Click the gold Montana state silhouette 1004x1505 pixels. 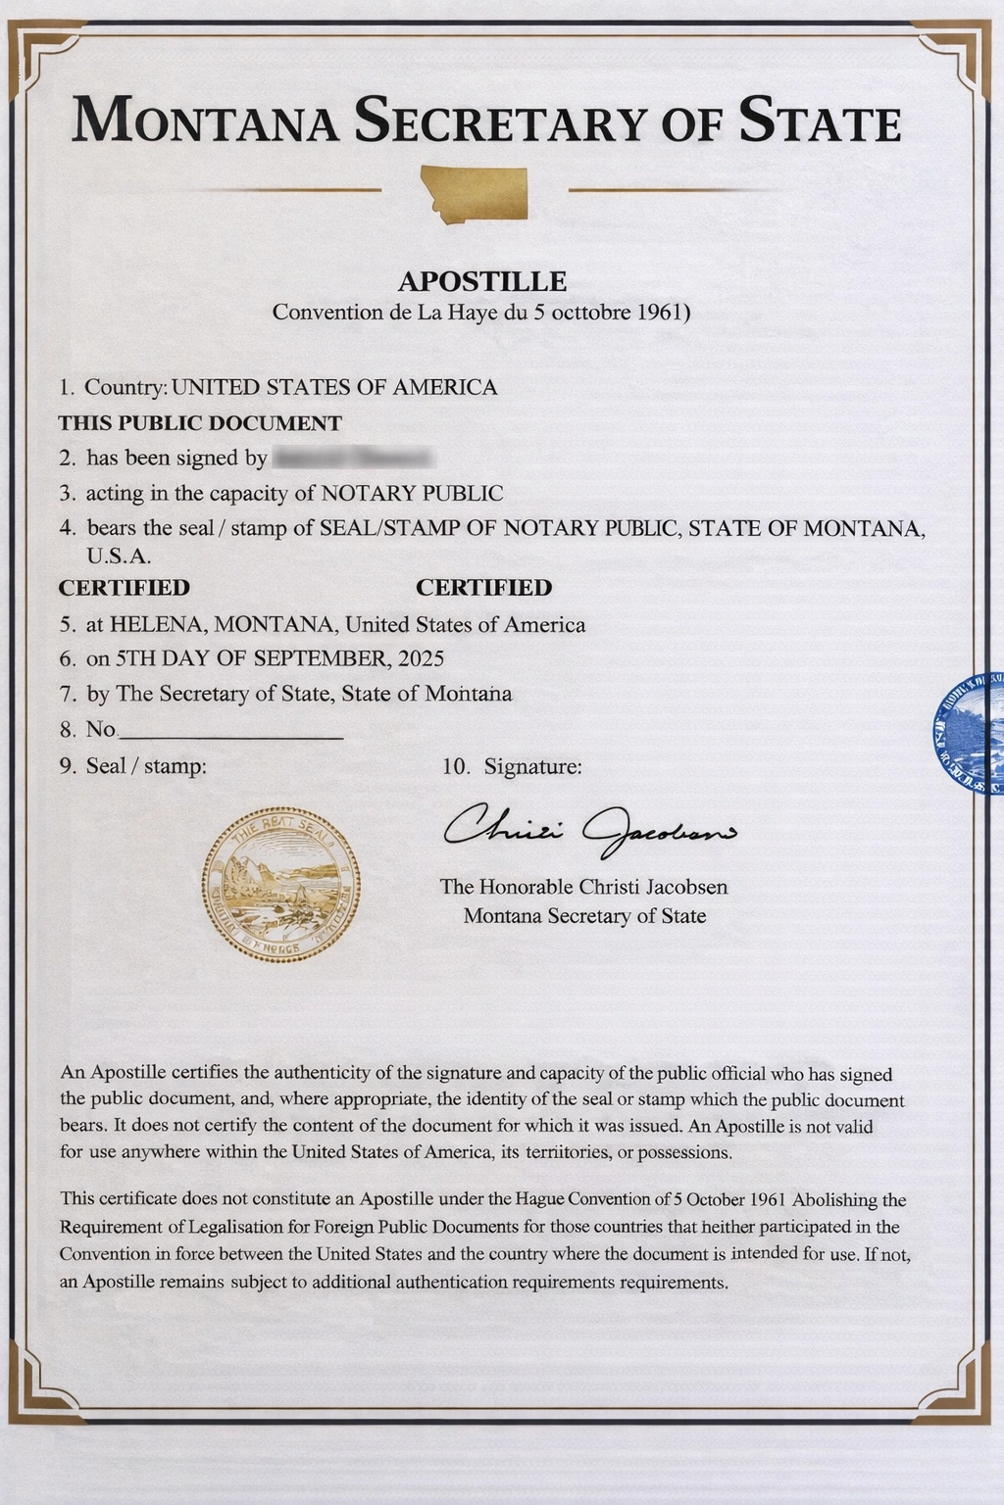point(475,192)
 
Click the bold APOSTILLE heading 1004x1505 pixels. point(482,282)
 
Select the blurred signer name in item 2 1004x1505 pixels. point(352,458)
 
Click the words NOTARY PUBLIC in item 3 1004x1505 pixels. point(412,493)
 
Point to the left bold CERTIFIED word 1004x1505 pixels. point(124,588)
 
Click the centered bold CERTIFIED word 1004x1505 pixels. point(483,588)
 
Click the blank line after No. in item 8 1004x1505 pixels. point(231,731)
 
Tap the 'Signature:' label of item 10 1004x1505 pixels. point(532,766)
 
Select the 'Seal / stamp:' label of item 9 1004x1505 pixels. point(146,766)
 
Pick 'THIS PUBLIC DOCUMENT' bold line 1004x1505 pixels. point(200,423)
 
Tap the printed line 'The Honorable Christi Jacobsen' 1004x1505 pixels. point(583,887)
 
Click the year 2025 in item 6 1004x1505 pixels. point(422,658)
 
